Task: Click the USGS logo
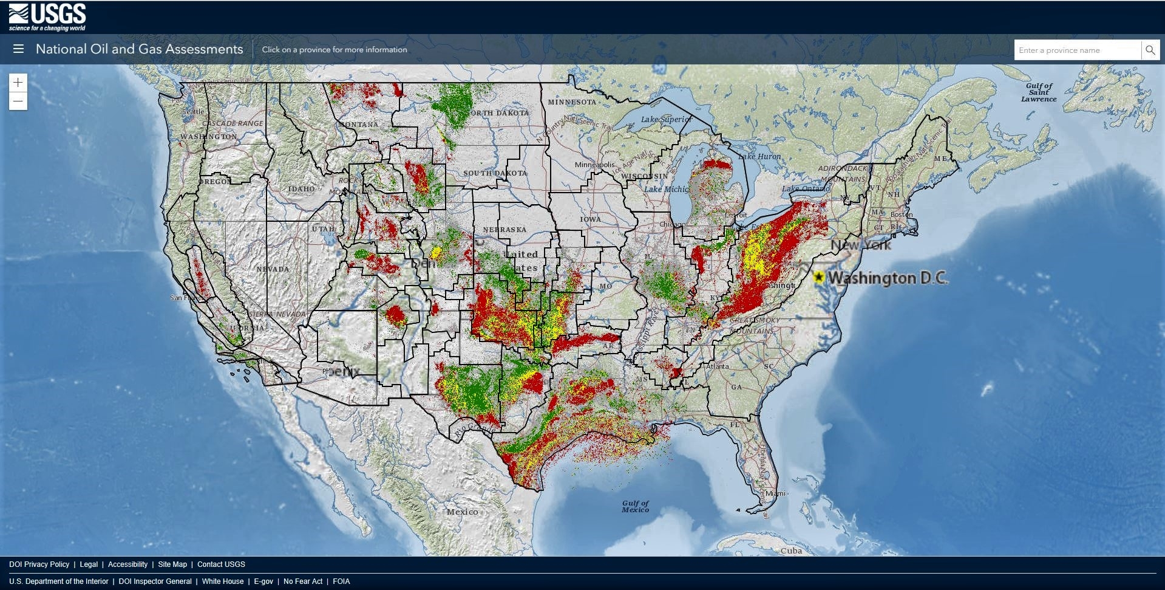[x=47, y=17]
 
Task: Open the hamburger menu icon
[x=18, y=49]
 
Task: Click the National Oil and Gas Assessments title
[x=139, y=49]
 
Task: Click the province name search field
[x=1076, y=50]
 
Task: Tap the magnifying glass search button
[x=1150, y=50]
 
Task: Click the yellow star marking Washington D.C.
[x=819, y=278]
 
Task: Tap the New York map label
[x=860, y=245]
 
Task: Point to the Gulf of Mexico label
[x=635, y=506]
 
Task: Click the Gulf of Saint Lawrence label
[x=1039, y=92]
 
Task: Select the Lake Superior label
[x=665, y=119]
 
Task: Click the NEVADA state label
[x=273, y=269]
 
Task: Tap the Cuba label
[x=791, y=551]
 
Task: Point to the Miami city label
[x=775, y=493]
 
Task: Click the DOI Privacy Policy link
[x=39, y=564]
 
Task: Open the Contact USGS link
[x=221, y=564]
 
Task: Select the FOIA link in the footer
[x=341, y=581]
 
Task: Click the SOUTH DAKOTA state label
[x=495, y=173]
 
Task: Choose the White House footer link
[x=223, y=581]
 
